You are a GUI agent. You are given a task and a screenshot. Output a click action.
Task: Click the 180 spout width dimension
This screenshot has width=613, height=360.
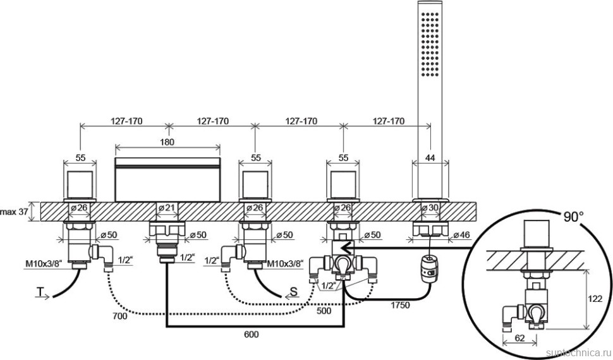pos(167,142)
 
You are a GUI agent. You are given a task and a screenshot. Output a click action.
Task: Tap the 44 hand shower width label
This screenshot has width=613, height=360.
pos(430,157)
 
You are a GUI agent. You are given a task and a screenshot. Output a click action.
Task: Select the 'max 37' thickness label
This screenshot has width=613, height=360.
pos(14,212)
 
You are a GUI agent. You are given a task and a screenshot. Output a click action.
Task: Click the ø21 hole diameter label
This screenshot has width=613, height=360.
pos(167,208)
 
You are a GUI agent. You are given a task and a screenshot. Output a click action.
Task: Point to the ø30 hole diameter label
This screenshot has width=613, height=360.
pos(430,208)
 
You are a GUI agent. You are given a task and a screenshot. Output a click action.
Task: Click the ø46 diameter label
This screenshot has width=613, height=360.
pos(461,235)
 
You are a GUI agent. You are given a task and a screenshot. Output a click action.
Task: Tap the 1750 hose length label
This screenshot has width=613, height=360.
pos(399,305)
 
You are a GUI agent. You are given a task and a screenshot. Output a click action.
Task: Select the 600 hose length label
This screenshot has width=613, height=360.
pos(251,335)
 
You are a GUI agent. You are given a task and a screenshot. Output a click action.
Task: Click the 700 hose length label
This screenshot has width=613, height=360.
pos(119,316)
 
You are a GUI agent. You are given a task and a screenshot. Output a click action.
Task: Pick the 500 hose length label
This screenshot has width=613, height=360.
pos(324,311)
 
